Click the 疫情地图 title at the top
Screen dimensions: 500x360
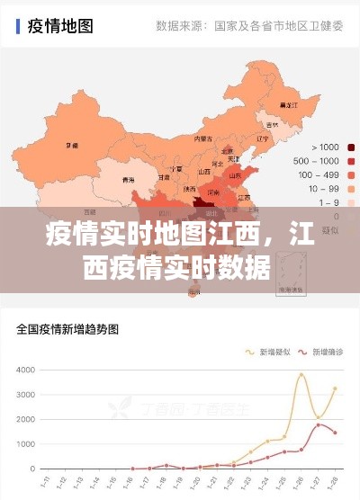click(62, 26)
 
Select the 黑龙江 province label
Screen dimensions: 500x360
click(289, 106)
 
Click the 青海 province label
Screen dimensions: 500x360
click(129, 180)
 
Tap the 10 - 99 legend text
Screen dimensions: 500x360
click(323, 189)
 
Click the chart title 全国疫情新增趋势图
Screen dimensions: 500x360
click(67, 329)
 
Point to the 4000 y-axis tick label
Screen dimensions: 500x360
click(24, 371)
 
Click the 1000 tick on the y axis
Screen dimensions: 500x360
click(24, 444)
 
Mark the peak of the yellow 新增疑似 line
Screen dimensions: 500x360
click(302, 374)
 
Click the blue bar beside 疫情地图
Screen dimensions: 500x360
click(18, 26)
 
